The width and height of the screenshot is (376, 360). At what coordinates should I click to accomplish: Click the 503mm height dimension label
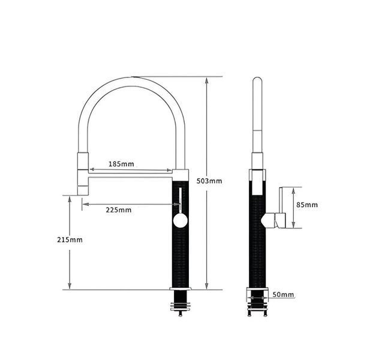click(x=209, y=181)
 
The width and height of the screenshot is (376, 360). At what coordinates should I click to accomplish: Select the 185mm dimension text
click(x=121, y=164)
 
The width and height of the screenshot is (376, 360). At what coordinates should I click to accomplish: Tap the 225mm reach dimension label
click(x=119, y=210)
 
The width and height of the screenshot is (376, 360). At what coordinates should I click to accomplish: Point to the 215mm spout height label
click(x=70, y=240)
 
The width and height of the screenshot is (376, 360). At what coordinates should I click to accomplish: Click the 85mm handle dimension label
click(x=307, y=205)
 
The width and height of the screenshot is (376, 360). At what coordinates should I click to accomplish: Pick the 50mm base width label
click(x=283, y=295)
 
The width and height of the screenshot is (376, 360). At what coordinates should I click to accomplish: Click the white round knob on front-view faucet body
click(x=180, y=221)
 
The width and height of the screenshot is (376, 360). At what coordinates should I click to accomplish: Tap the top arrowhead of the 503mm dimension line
click(x=206, y=80)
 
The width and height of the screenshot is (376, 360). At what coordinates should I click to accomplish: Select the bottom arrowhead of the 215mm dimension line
click(x=70, y=286)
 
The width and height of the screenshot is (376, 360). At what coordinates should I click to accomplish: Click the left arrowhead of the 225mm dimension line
click(x=86, y=204)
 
